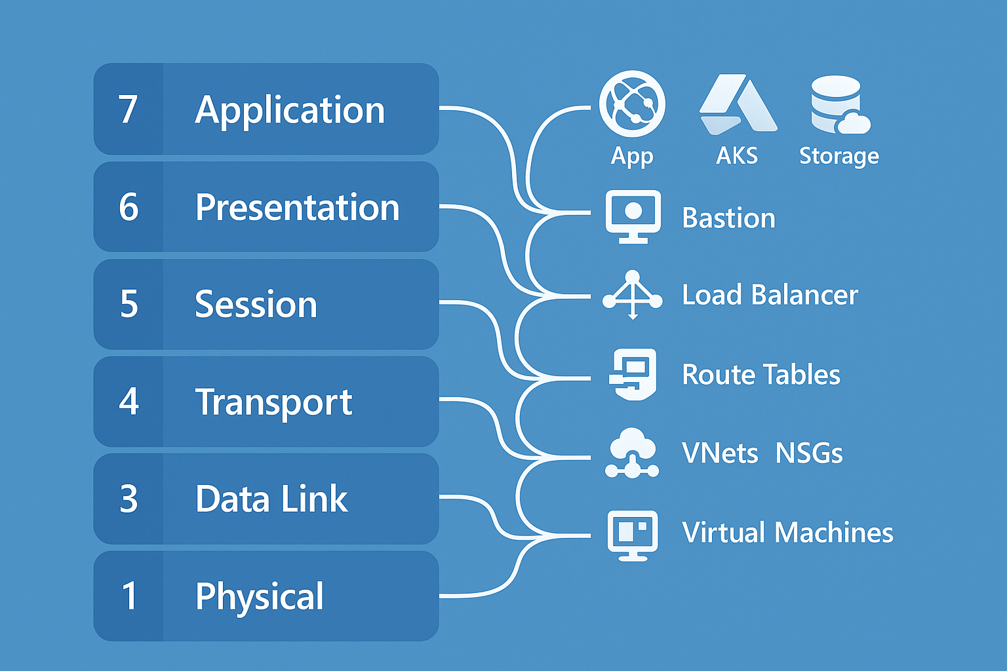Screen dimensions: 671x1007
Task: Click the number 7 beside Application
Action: [128, 109]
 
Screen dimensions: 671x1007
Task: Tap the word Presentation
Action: [297, 208]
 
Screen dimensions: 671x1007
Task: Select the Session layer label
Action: [256, 305]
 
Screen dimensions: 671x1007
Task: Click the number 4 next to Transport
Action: [129, 402]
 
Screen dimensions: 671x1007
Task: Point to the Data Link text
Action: [271, 499]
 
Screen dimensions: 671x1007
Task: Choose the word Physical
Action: [260, 596]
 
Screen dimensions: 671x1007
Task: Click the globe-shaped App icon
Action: [632, 104]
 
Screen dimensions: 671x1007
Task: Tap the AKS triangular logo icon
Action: [737, 105]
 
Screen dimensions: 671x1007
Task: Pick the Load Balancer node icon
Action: [632, 295]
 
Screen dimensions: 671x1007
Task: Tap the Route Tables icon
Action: [633, 374]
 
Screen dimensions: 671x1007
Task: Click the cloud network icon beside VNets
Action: [632, 453]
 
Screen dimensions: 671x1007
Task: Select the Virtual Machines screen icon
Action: [633, 534]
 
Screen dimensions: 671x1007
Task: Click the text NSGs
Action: [809, 453]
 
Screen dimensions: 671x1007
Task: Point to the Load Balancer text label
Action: [770, 296]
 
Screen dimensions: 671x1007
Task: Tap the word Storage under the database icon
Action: [839, 156]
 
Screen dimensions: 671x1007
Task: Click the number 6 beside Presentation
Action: [129, 207]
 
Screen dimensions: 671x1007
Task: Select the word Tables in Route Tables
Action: [806, 375]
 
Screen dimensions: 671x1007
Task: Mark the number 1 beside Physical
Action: [129, 596]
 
